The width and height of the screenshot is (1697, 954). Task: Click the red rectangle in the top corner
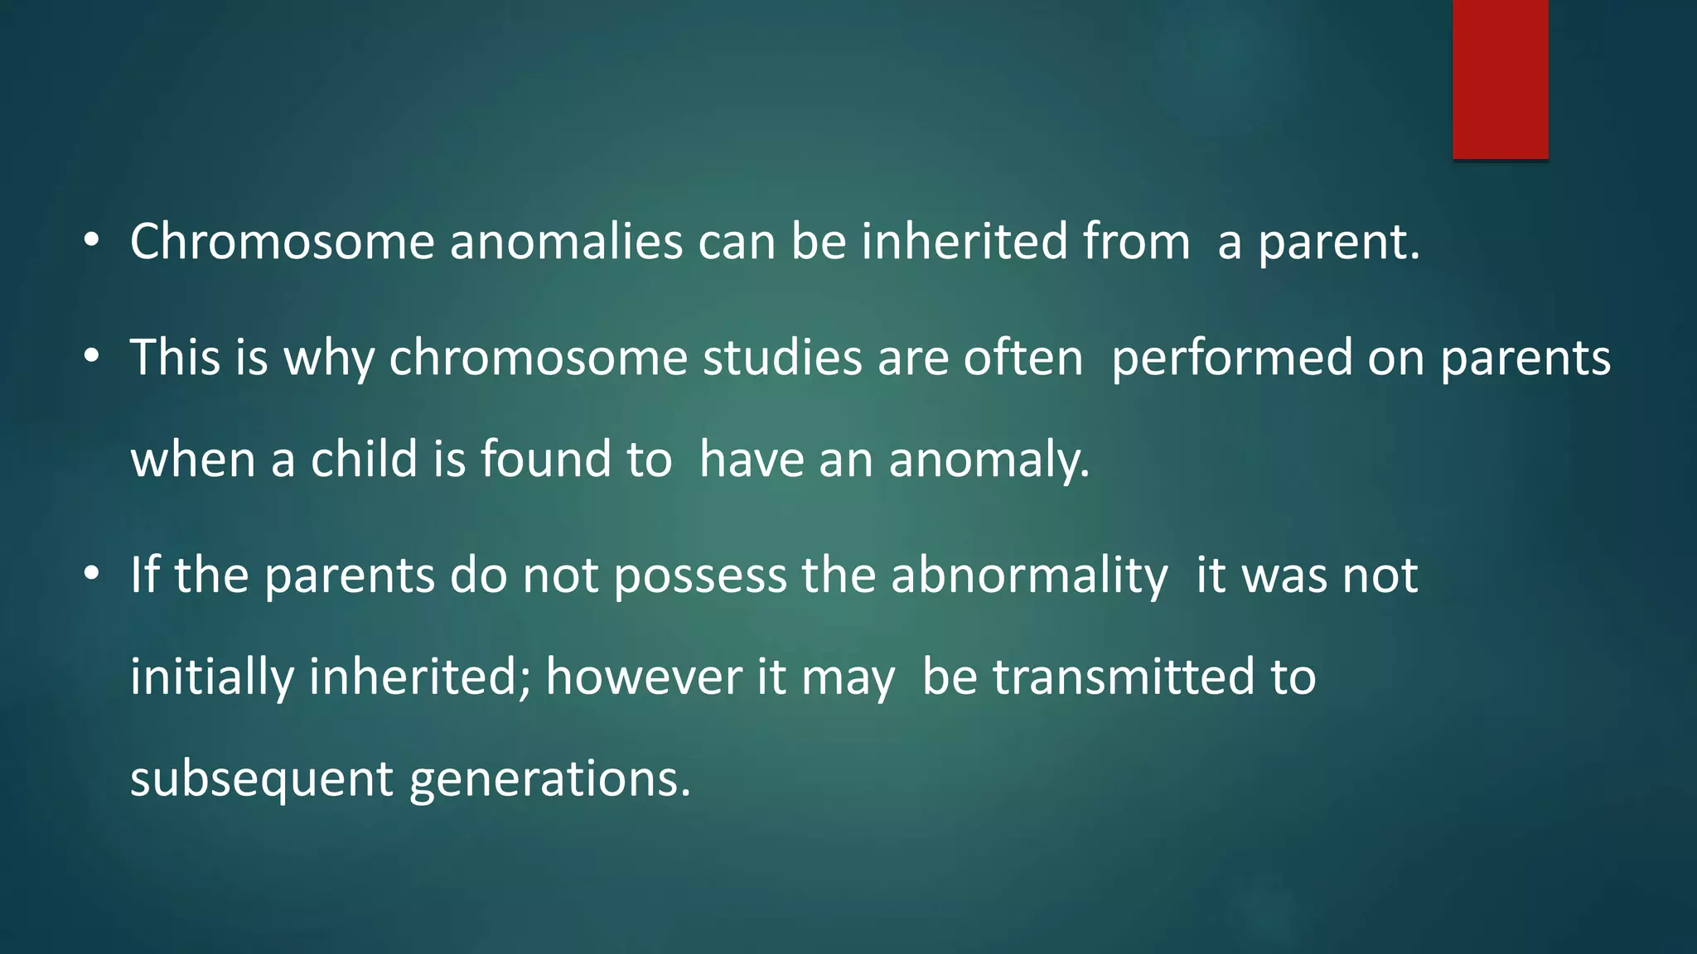pyautogui.click(x=1500, y=79)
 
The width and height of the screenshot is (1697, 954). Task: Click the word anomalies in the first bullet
pyautogui.click(x=566, y=242)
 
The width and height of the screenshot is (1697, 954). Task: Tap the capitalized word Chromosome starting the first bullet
pyautogui.click(x=282, y=242)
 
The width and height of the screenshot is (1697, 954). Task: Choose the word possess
pyautogui.click(x=700, y=576)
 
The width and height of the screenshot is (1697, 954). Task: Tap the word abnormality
pyautogui.click(x=1029, y=576)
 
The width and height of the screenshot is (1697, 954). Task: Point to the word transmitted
pyautogui.click(x=1124, y=677)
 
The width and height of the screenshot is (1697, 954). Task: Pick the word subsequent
pyautogui.click(x=262, y=780)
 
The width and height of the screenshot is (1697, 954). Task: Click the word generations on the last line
pyautogui.click(x=549, y=780)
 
